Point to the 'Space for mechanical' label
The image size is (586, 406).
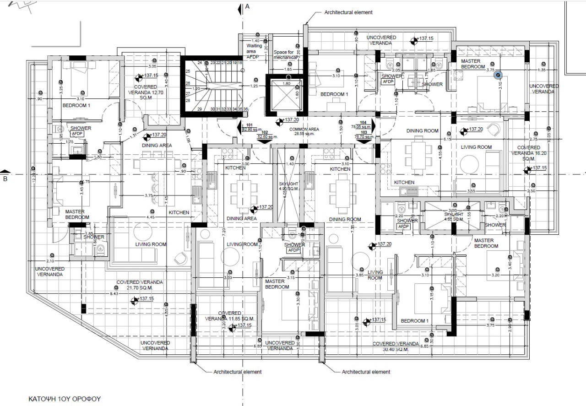pyautogui.click(x=284, y=55)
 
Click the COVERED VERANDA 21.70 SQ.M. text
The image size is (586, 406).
pyautogui.click(x=140, y=285)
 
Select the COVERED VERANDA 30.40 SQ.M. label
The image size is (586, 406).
pyautogui.click(x=396, y=346)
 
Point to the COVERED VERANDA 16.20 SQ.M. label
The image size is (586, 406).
pyautogui.click(x=529, y=153)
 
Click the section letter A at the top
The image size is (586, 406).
pyautogui.click(x=247, y=6)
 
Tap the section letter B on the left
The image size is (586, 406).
pyautogui.click(x=5, y=179)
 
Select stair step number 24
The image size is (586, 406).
pyautogui.click(x=200, y=63)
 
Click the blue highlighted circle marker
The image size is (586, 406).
pyautogui.click(x=498, y=76)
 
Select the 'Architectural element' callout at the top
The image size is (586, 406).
pyautogui.click(x=348, y=12)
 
